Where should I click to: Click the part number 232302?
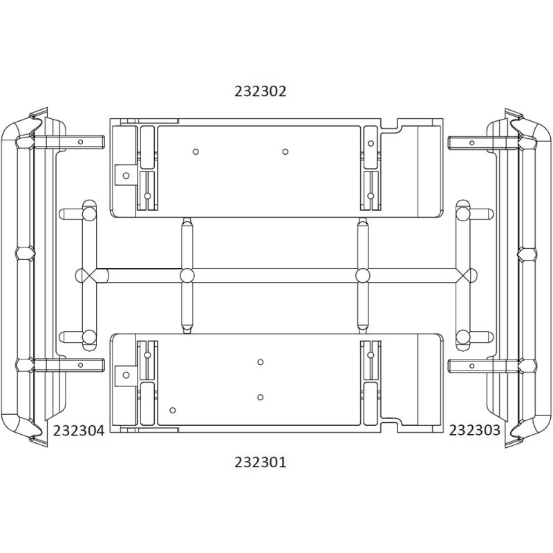tap(261, 91)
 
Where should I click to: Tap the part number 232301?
tap(261, 462)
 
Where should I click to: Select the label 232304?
tap(79, 431)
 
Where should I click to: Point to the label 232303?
tap(474, 430)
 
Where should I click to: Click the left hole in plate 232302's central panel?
tap(196, 151)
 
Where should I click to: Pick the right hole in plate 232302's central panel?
tap(285, 151)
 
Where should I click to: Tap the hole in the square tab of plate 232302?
tap(126, 176)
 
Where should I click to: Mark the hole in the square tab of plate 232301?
tap(126, 375)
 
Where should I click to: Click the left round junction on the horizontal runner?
tap(187, 275)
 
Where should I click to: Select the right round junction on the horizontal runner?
tap(362, 275)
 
